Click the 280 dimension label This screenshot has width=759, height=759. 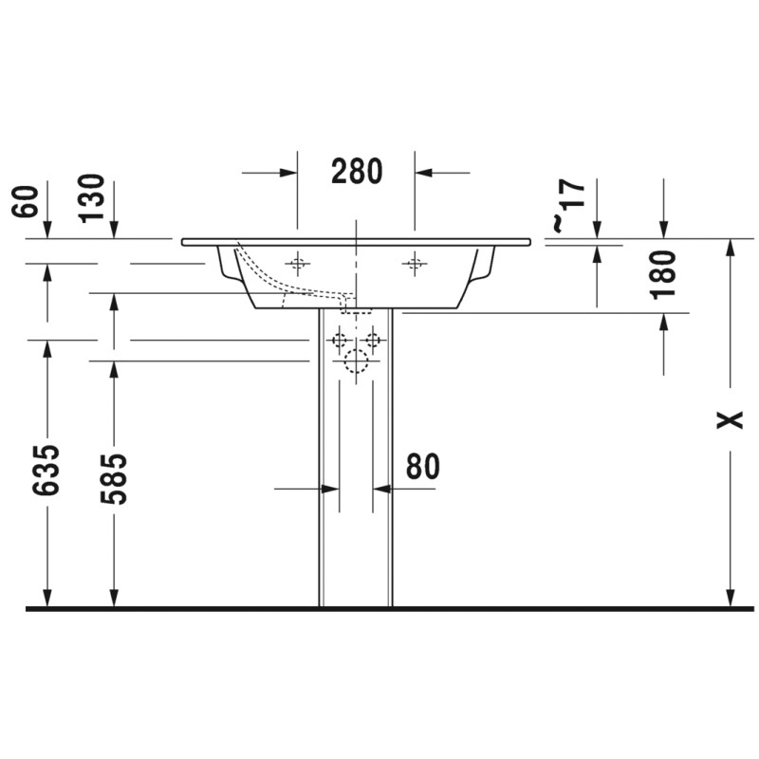(357, 172)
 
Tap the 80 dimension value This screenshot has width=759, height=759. (422, 466)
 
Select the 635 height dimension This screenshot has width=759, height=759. (46, 469)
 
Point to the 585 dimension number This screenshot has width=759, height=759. (113, 479)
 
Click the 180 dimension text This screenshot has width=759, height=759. (663, 274)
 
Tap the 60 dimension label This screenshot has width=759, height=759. (25, 201)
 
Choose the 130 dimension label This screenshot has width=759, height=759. (92, 198)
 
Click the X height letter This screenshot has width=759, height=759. (730, 420)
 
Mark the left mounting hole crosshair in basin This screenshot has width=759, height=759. (297, 264)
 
